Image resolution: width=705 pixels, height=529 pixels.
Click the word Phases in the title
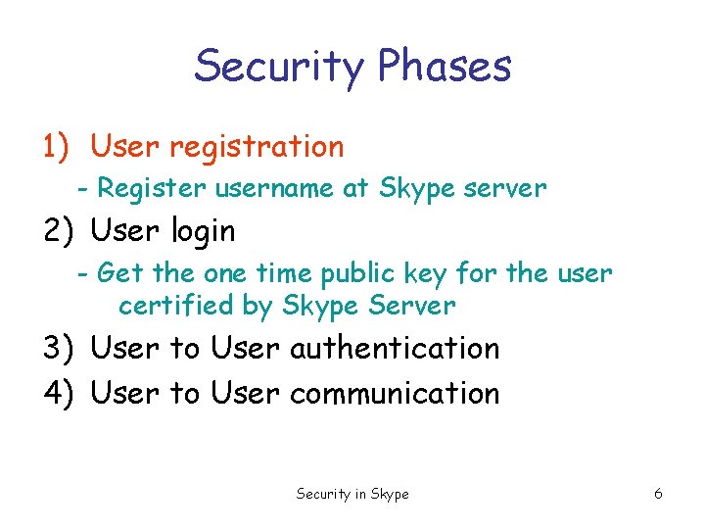[x=444, y=67]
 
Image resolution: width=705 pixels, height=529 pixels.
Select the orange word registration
[x=257, y=147]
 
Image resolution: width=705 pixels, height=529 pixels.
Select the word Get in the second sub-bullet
[x=117, y=272]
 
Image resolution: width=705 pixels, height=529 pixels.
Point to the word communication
[x=395, y=393]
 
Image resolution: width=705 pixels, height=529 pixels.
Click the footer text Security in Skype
[x=352, y=495]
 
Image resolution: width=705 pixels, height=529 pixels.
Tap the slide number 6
[x=658, y=495]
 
